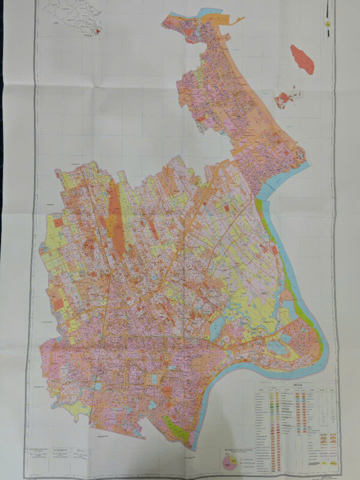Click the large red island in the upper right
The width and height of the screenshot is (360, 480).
(302, 59)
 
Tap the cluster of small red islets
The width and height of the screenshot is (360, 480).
(287, 97)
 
